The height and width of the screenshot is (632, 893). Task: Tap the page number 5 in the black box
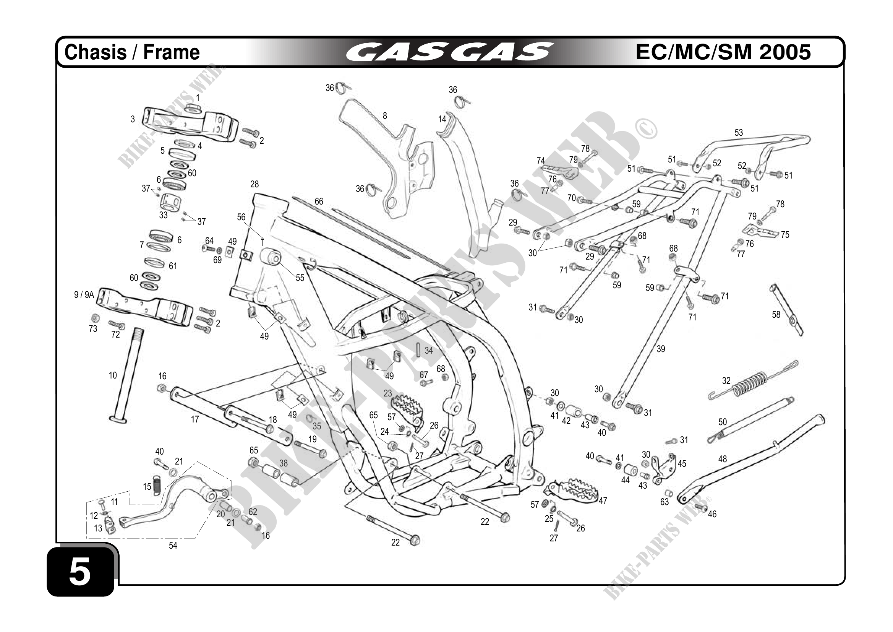pos(80,572)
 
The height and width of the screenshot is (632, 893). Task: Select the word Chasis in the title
pos(95,52)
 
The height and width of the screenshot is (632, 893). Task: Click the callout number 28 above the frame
pos(254,184)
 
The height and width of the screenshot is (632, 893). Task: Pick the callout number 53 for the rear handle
pos(739,133)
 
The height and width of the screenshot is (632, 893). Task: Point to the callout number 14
pos(442,119)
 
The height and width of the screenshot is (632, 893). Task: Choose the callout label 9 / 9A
pos(84,295)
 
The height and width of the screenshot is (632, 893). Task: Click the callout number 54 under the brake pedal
pos(173,546)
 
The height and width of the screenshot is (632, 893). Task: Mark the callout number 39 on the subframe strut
pos(661,349)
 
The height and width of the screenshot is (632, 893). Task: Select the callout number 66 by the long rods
pos(319,201)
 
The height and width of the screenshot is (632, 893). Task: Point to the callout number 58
pos(776,314)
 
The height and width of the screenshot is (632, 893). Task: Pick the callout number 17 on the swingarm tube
pos(195,419)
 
